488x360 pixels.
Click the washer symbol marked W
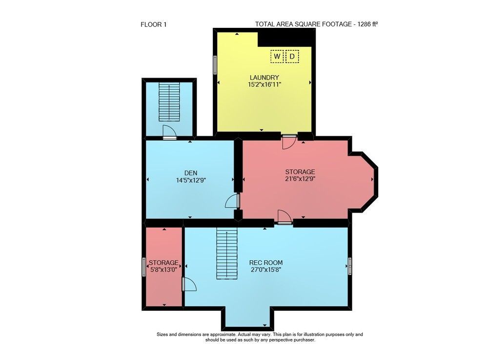[277, 56]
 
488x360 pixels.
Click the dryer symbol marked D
[292, 56]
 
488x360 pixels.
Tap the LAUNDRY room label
[264, 77]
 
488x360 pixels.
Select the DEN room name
[191, 173]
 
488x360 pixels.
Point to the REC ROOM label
[266, 262]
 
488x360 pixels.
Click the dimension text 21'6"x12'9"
[300, 179]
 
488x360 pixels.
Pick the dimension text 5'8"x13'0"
[163, 270]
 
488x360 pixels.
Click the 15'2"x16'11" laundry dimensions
[264, 85]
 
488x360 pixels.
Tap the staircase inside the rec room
[227, 253]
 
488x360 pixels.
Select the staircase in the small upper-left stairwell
[169, 102]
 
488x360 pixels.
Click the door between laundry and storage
[288, 142]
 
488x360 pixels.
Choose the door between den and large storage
[232, 201]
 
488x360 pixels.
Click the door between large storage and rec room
[285, 217]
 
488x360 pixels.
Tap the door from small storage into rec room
[189, 284]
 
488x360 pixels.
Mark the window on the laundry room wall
[215, 65]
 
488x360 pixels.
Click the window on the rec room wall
[350, 266]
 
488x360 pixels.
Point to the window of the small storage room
[144, 267]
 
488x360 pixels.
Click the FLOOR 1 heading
[153, 24]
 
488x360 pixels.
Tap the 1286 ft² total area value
[367, 24]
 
